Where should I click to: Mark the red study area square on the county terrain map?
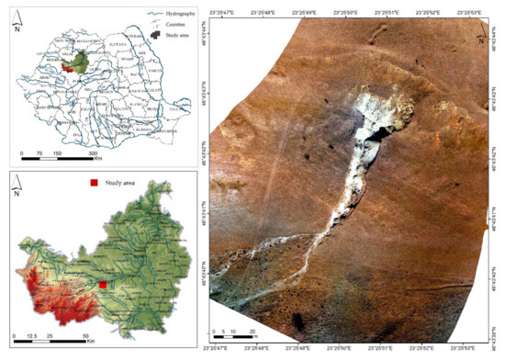(104, 285)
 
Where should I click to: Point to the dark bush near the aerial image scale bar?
(297, 321)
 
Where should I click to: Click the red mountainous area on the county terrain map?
(41, 294)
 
